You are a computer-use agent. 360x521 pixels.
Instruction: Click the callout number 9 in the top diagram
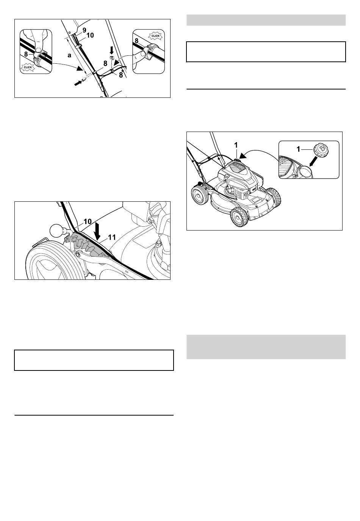click(x=84, y=30)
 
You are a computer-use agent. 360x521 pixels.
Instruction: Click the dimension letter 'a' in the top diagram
click(x=69, y=55)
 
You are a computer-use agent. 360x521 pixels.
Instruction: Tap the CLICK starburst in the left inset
click(x=28, y=67)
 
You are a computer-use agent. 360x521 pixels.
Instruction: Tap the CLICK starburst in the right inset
click(x=155, y=36)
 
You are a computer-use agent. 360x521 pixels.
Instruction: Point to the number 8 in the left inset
click(x=26, y=54)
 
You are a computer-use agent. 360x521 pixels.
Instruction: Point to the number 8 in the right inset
click(x=137, y=41)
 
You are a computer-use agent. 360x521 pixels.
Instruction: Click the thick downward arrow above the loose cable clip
click(x=111, y=50)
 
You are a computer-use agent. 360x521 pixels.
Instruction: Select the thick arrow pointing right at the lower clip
click(x=78, y=83)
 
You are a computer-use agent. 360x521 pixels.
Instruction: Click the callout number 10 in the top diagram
click(x=90, y=35)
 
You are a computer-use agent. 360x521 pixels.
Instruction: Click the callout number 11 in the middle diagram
click(x=112, y=237)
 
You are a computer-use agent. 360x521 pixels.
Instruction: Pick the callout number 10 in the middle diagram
click(x=88, y=221)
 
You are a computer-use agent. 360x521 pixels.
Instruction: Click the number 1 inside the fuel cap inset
click(x=299, y=149)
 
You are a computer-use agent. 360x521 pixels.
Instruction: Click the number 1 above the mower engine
click(x=236, y=145)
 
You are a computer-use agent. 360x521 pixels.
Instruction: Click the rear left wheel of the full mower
click(x=199, y=196)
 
